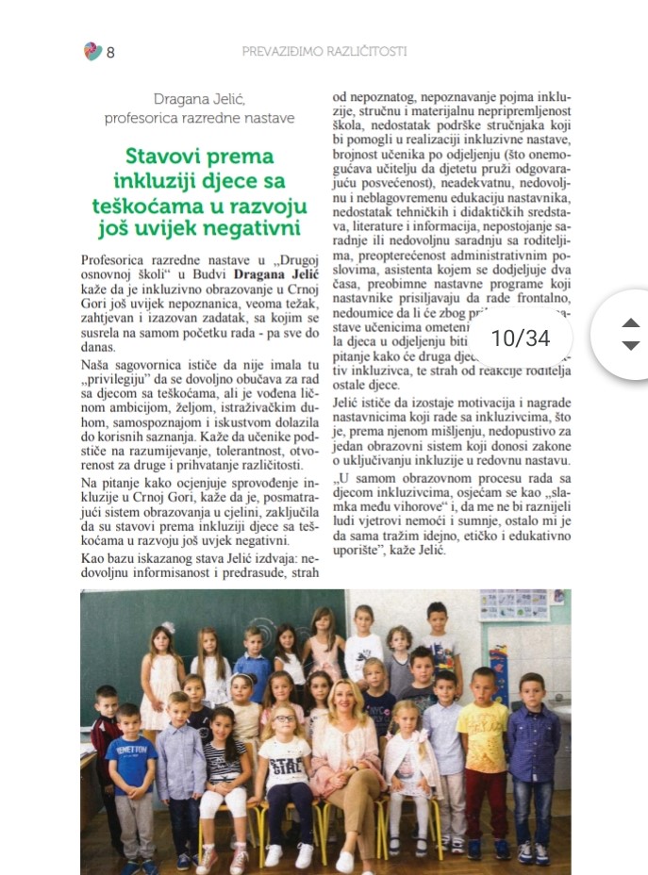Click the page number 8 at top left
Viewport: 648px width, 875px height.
click(x=111, y=53)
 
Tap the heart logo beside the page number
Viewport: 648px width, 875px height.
click(x=92, y=52)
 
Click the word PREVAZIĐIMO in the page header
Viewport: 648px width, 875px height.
click(x=280, y=52)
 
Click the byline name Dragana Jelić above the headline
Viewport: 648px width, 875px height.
click(x=199, y=99)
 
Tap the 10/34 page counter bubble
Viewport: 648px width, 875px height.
click(x=521, y=337)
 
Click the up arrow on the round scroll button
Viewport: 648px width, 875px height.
click(x=631, y=323)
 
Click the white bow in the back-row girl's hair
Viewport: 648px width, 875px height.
click(x=167, y=628)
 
